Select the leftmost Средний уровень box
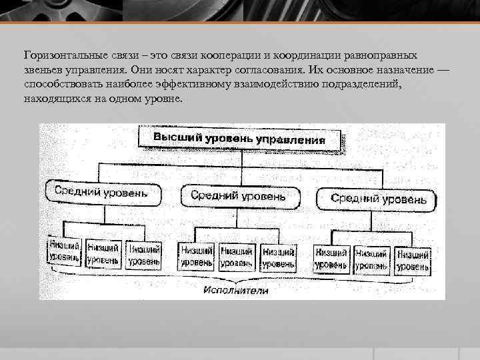[x=103, y=194]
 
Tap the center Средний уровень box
[x=238, y=195]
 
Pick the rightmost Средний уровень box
[x=378, y=198]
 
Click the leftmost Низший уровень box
[x=64, y=251]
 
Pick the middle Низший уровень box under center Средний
[x=237, y=257]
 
